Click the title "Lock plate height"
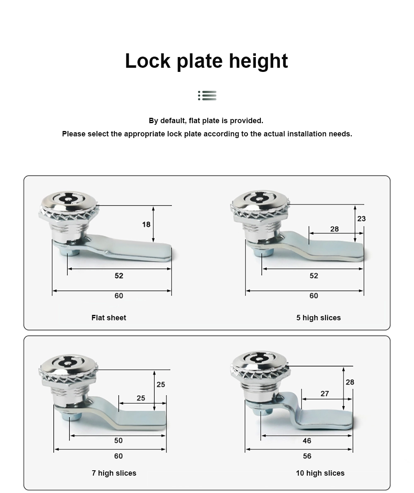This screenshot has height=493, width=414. click(206, 61)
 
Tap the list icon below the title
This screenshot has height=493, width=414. click(207, 96)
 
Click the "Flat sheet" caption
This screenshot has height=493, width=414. click(108, 318)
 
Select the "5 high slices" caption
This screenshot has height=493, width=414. click(318, 318)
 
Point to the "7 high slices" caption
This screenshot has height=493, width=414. click(114, 473)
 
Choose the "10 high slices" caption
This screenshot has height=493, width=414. click(320, 473)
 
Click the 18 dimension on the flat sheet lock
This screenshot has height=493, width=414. click(146, 224)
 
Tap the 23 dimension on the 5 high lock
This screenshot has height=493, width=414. click(361, 219)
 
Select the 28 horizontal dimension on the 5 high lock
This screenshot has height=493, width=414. click(335, 229)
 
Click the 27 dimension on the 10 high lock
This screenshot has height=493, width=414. click(325, 394)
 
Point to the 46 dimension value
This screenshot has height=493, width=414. click(307, 441)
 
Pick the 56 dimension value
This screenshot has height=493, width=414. click(307, 456)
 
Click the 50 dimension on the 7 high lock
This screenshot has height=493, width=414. click(118, 441)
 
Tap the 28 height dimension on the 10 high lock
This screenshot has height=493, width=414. click(350, 382)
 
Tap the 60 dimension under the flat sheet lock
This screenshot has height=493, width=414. click(119, 296)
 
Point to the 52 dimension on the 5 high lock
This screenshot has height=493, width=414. click(314, 276)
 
